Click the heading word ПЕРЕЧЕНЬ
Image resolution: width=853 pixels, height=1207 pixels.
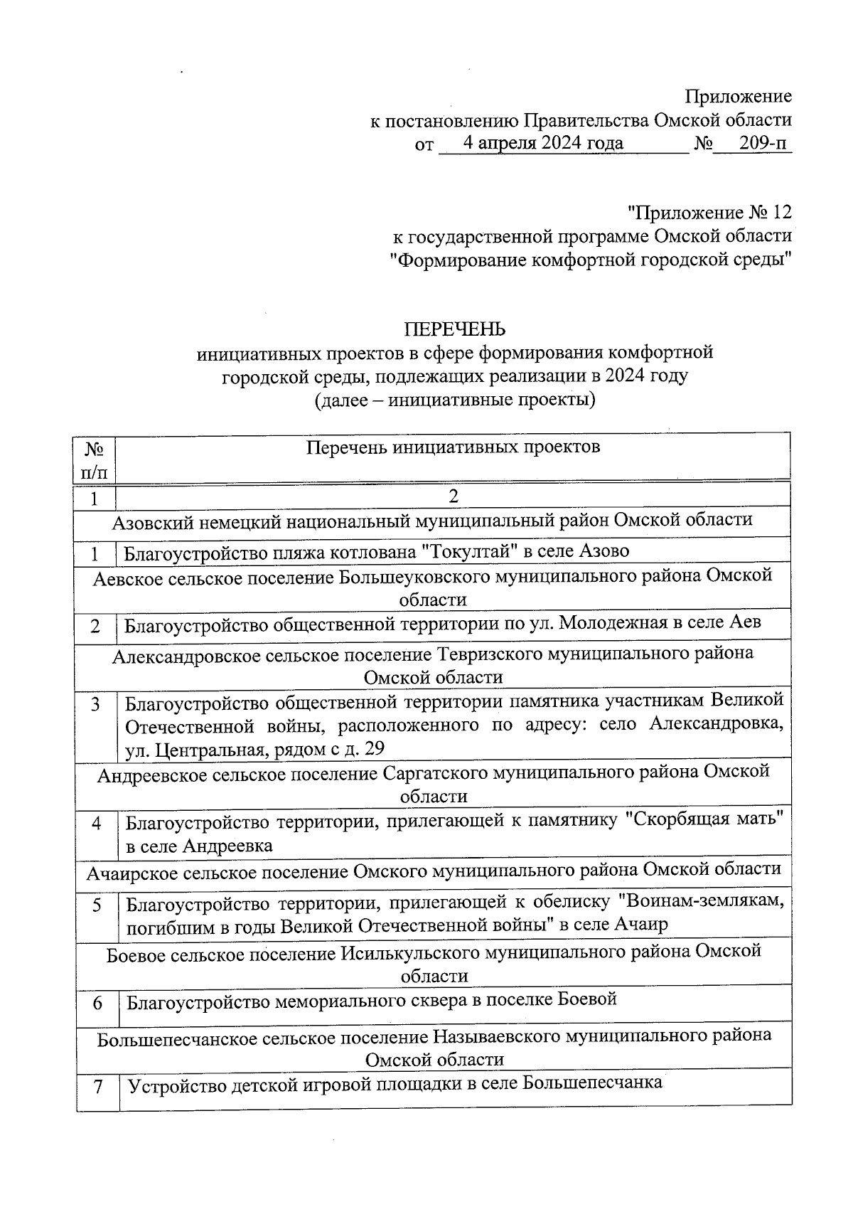point(455,329)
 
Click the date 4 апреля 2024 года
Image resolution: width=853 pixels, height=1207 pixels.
point(543,143)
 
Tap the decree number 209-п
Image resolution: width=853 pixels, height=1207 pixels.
point(763,143)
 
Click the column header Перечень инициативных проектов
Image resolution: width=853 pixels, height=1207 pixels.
point(453,447)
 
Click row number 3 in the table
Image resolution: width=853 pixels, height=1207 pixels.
point(95,704)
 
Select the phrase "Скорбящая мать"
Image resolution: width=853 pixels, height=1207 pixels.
point(704,820)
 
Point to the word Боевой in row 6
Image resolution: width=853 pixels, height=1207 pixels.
point(587,999)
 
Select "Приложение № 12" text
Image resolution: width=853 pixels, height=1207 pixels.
point(709,212)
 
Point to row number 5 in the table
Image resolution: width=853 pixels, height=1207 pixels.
point(96,905)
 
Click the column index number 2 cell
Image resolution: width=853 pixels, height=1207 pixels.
point(453,495)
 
